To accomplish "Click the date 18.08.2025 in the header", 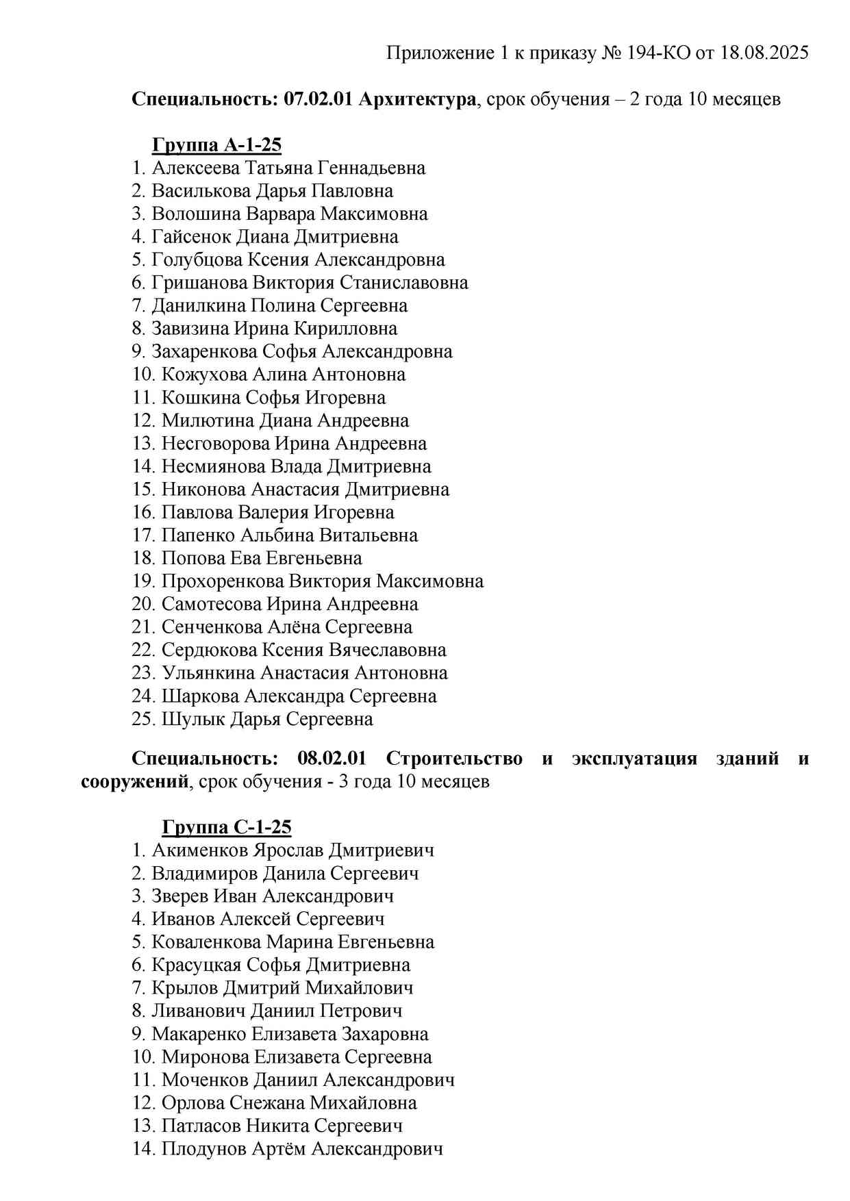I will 764,53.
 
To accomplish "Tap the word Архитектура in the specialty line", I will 416,99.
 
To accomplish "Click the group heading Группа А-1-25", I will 216,145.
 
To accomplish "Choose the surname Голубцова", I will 197,260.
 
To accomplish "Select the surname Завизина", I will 190,329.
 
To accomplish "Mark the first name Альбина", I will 277,535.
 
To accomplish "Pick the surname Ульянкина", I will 208,673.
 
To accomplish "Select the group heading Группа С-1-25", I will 227,827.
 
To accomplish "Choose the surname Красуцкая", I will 197,965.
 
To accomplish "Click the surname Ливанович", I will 198,1011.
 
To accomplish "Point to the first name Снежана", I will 268,1102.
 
